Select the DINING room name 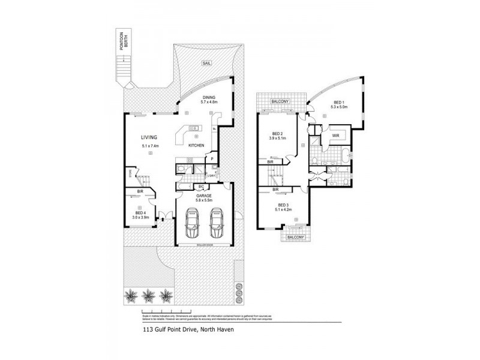[208, 97]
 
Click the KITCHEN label [197, 146]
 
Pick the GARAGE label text [204, 194]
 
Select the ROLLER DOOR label [204, 245]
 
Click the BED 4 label [140, 213]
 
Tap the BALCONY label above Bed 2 [281, 102]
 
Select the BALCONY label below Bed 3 [295, 237]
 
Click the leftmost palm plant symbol [130, 295]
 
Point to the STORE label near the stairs [130, 175]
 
